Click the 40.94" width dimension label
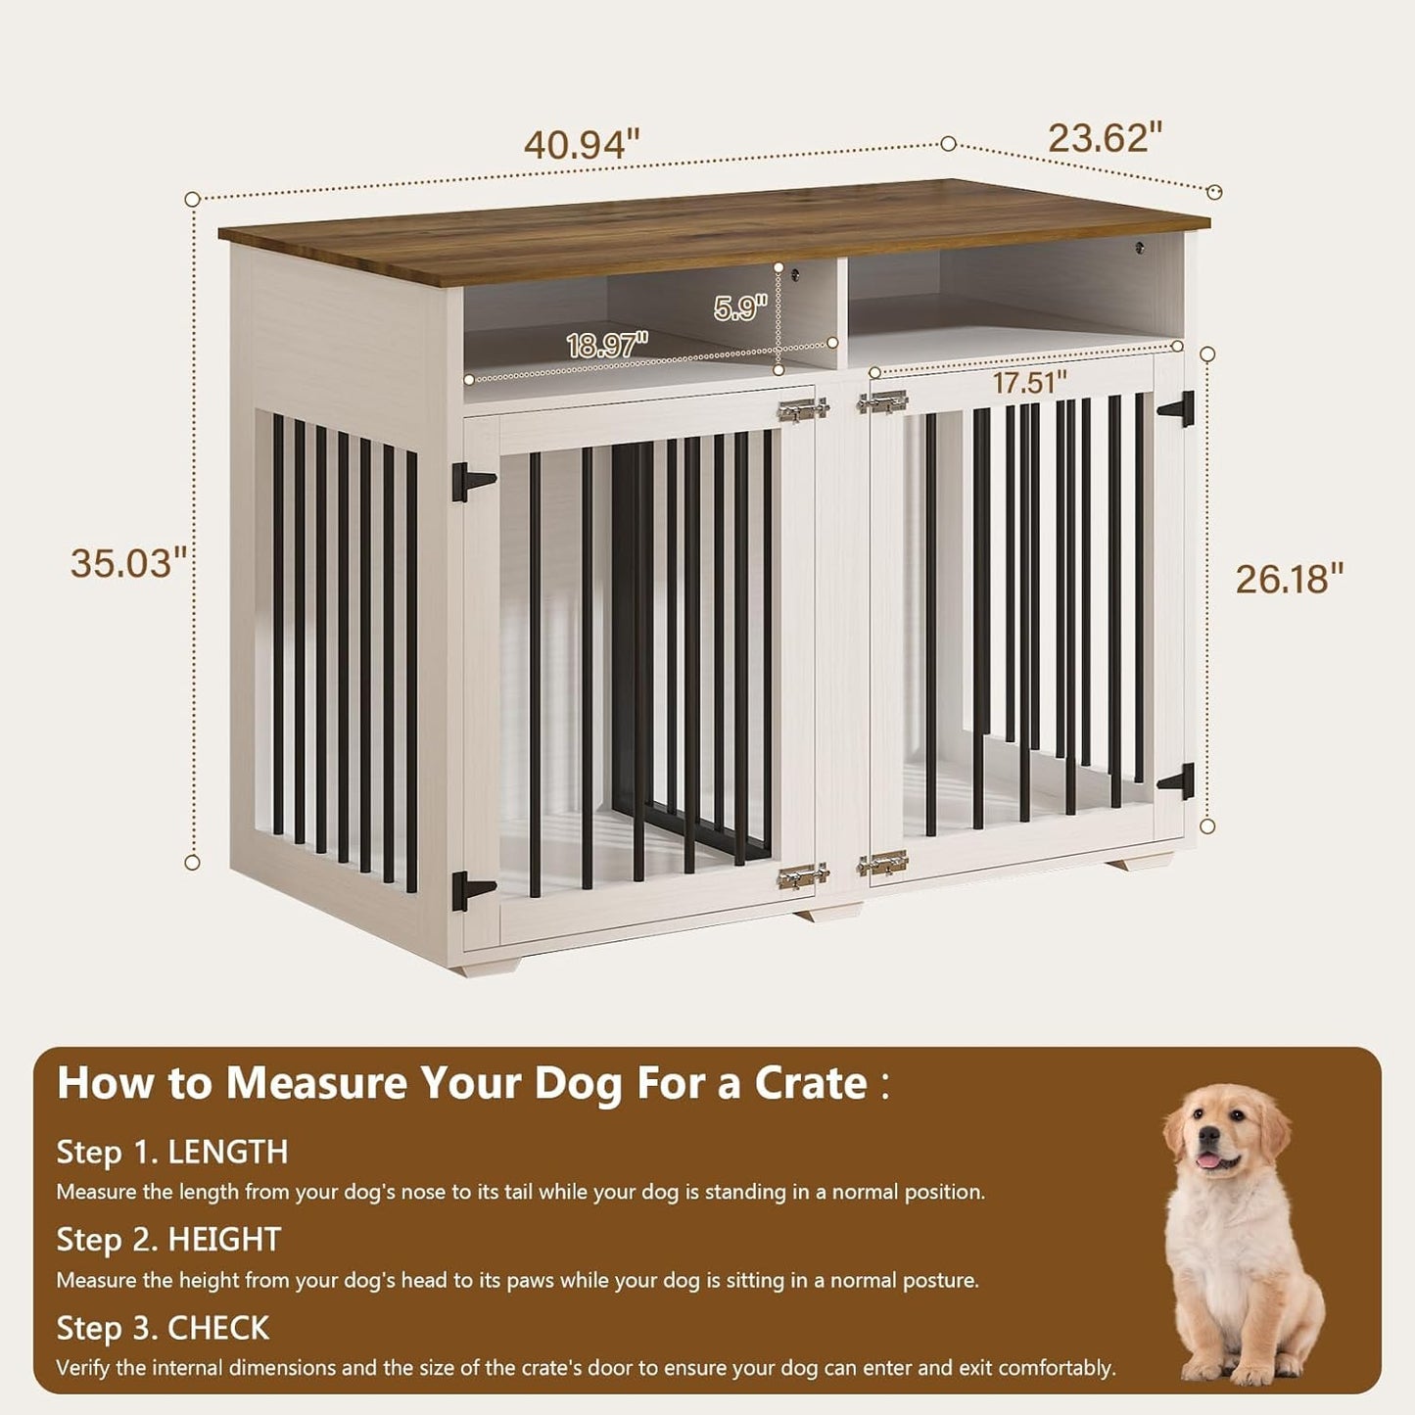coord(582,145)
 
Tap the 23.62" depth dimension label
coord(1105,138)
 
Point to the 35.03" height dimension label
coord(128,563)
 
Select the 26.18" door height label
coord(1289,579)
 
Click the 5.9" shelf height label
coord(740,308)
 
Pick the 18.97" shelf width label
coord(607,345)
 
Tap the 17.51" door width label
coord(1030,383)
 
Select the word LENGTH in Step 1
coord(228,1152)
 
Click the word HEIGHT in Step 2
coord(224,1240)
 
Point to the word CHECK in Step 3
coord(218,1328)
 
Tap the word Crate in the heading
coord(811,1083)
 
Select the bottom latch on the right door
coord(882,864)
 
